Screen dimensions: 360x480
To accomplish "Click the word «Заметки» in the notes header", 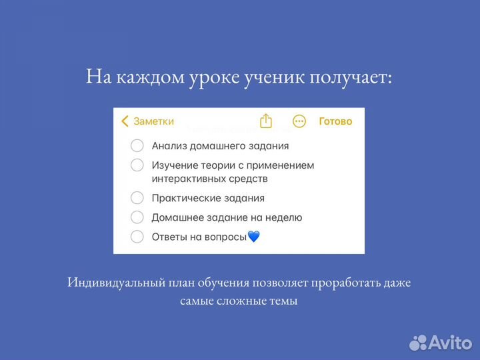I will [x=153, y=121].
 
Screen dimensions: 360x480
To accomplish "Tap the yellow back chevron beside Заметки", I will [x=125, y=121].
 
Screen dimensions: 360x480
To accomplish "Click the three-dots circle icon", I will [x=299, y=121].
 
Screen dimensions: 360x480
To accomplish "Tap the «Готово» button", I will [x=335, y=121].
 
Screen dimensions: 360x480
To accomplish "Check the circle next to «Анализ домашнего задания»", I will [x=137, y=146].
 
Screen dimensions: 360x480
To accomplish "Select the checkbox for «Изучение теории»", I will [x=137, y=165].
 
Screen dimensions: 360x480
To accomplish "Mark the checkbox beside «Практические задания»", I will [x=137, y=198].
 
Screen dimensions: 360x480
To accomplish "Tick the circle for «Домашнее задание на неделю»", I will [x=137, y=217].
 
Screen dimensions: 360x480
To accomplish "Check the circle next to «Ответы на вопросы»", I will [x=137, y=237].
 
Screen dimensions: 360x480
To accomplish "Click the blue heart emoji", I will [x=253, y=237].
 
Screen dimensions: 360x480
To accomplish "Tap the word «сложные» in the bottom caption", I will [x=237, y=301].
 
